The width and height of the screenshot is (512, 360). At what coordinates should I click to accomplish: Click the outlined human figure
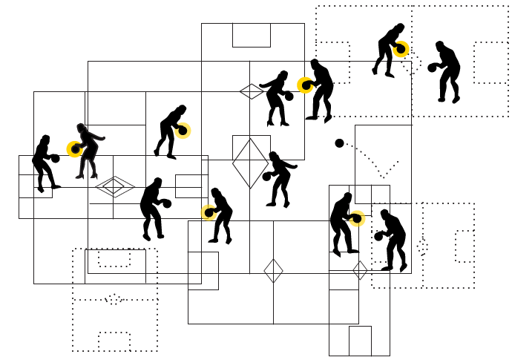click(88, 151)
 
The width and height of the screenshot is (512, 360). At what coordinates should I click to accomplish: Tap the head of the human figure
click(80, 128)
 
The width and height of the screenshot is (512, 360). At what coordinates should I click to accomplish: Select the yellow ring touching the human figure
click(75, 149)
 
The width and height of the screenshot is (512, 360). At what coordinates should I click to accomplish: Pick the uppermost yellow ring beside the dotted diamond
click(401, 50)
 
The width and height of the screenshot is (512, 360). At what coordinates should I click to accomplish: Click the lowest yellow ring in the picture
click(357, 218)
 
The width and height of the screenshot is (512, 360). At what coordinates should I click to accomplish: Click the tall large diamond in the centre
click(250, 163)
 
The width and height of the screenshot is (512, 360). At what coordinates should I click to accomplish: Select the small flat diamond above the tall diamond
click(251, 91)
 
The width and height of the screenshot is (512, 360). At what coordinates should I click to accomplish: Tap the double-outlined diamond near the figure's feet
click(114, 186)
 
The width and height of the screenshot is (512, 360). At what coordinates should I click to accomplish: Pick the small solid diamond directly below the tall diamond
click(273, 271)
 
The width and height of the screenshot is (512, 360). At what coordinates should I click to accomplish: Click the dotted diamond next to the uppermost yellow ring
click(413, 64)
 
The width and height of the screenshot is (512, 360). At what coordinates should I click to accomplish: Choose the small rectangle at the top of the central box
click(251, 35)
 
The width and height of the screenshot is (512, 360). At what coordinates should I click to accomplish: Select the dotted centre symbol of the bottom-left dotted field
click(114, 299)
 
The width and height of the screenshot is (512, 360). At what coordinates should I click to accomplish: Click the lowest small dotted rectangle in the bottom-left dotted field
click(114, 341)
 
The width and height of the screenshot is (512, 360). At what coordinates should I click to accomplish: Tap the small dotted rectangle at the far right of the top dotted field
click(490, 62)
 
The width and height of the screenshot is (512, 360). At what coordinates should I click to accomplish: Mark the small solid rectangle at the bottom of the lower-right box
click(360, 341)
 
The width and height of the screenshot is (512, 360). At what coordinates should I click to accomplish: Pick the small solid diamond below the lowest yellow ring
click(360, 270)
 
